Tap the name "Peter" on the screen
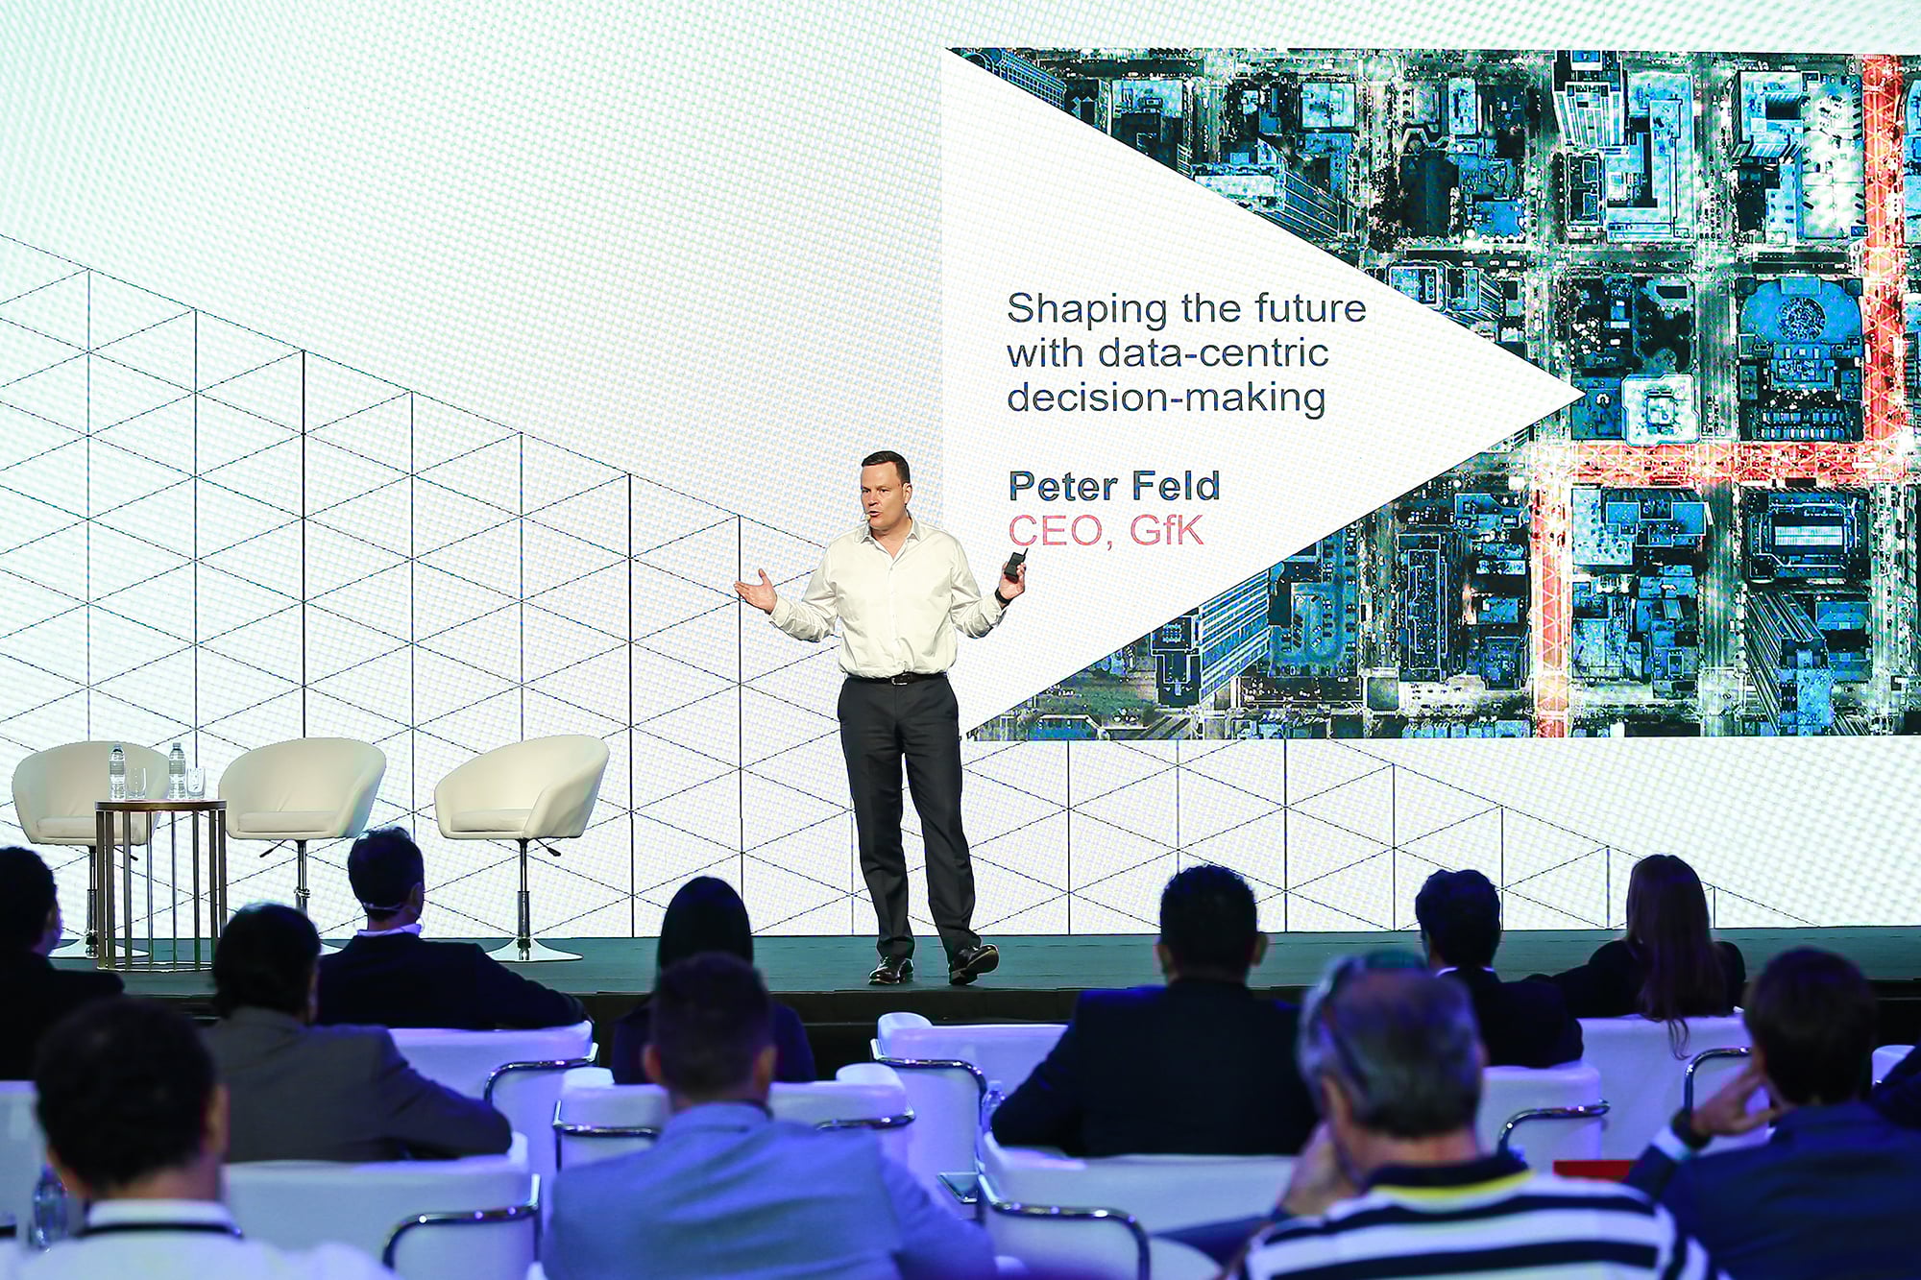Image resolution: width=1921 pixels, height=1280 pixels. pyautogui.click(x=1065, y=487)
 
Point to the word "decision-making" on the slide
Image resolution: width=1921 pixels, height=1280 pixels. pyautogui.click(x=1166, y=398)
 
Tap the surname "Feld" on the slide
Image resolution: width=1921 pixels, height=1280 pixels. pyautogui.click(x=1177, y=487)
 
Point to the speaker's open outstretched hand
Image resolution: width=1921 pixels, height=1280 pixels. pyautogui.click(x=756, y=591)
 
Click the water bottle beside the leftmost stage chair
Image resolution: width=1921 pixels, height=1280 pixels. pyautogui.click(x=117, y=773)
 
